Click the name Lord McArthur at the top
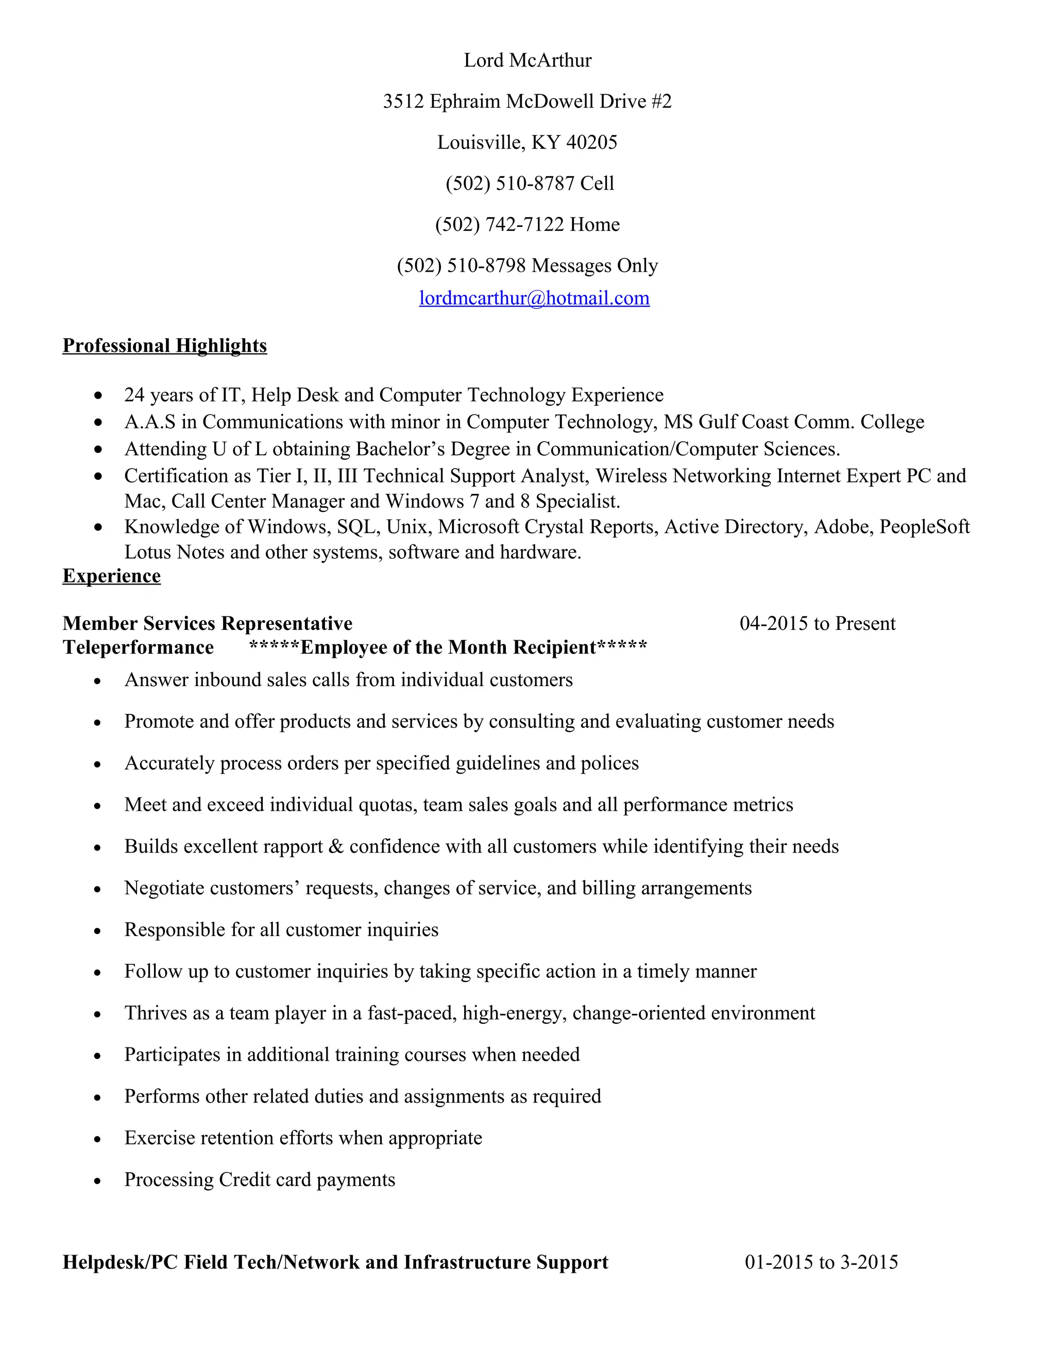coord(527,60)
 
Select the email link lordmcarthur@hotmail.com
coord(534,298)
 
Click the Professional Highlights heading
coord(164,345)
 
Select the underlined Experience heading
coord(111,575)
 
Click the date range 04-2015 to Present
coord(817,623)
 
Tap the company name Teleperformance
coord(138,647)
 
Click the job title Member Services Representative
coord(208,623)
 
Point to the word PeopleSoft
coord(924,527)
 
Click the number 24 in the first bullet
coord(134,395)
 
